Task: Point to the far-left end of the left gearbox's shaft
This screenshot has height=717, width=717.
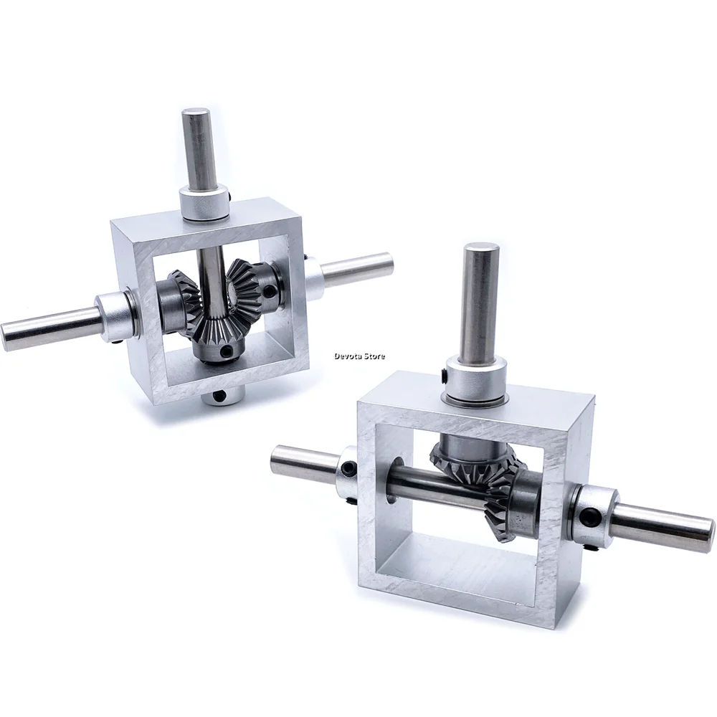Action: pyautogui.click(x=11, y=334)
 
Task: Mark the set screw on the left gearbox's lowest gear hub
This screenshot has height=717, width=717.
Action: pyautogui.click(x=227, y=352)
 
